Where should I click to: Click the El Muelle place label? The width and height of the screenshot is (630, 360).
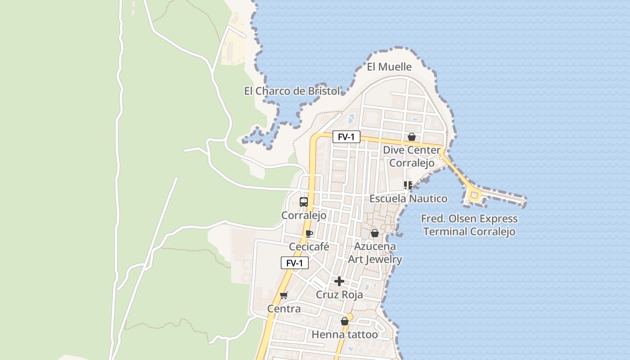click(389, 67)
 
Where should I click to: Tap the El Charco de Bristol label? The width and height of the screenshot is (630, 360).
click(292, 91)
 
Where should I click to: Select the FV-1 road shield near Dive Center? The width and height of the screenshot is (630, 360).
click(346, 137)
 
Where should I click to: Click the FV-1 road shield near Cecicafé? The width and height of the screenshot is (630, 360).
click(294, 263)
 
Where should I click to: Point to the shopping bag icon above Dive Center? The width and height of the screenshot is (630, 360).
click(411, 137)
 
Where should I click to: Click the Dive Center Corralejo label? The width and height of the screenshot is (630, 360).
click(412, 156)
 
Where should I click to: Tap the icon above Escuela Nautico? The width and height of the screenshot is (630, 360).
click(408, 185)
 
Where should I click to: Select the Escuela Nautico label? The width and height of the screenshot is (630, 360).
click(408, 198)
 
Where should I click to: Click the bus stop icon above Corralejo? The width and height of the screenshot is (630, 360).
click(304, 202)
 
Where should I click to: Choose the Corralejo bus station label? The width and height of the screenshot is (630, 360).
click(304, 216)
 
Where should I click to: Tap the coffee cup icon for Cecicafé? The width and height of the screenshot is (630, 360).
click(309, 234)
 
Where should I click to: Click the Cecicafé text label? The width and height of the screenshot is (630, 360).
click(309, 247)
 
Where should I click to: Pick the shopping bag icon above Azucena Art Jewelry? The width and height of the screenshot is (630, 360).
click(374, 233)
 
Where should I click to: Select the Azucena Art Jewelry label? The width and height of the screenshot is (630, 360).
click(375, 253)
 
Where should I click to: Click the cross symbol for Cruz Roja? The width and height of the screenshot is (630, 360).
click(339, 281)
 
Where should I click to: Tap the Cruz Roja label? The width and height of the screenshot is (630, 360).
click(339, 295)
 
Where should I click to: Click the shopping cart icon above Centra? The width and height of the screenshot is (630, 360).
click(283, 295)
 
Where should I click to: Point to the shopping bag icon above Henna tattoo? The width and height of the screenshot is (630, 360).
click(345, 321)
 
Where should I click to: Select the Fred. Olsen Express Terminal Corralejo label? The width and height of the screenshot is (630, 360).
click(469, 225)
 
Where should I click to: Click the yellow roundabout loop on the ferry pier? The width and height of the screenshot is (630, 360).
click(474, 195)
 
